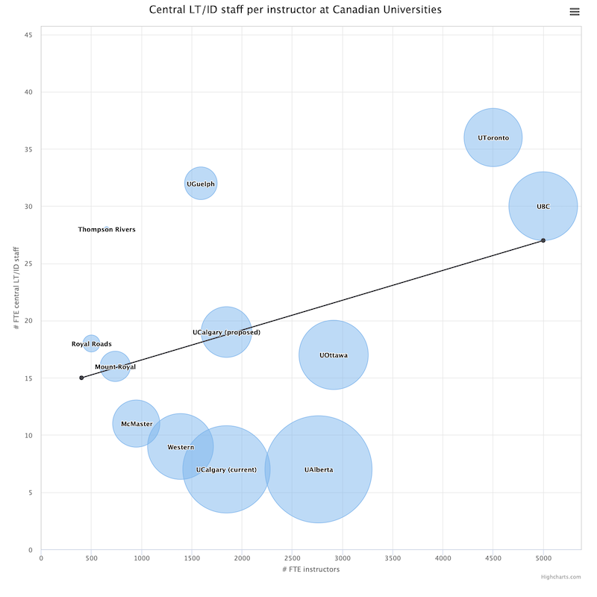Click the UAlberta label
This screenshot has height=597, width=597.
click(x=319, y=469)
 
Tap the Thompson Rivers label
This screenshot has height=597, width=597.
click(x=107, y=230)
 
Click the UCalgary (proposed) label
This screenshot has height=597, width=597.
click(x=226, y=332)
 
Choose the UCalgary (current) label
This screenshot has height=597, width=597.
click(x=226, y=469)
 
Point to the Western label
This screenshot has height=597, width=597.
click(x=181, y=447)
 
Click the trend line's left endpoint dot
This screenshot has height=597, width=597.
click(x=81, y=378)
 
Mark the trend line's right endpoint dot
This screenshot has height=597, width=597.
click(x=543, y=240)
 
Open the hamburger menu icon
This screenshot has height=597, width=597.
click(x=574, y=11)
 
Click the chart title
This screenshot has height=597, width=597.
click(x=296, y=10)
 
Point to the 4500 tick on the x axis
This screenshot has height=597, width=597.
click(x=493, y=557)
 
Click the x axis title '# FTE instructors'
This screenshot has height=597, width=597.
click(x=310, y=569)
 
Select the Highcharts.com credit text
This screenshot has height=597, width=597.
click(x=561, y=576)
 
